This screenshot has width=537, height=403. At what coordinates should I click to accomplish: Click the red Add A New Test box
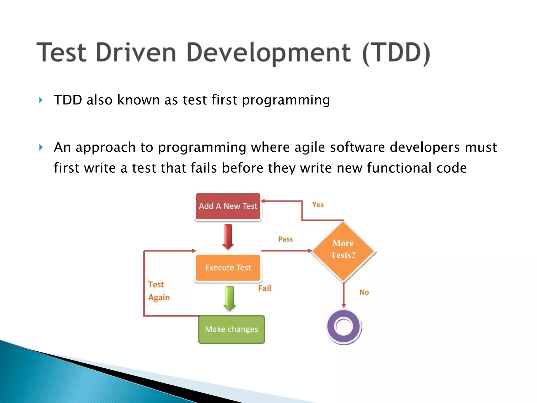point(228,206)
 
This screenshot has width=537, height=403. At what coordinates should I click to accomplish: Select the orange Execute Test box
point(228,268)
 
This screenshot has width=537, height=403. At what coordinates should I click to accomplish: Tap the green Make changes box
point(231,329)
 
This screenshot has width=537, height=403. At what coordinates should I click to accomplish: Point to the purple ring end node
point(344,327)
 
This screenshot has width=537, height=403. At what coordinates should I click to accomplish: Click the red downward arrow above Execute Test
point(228,236)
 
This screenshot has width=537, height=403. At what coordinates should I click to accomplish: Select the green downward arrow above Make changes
point(230,298)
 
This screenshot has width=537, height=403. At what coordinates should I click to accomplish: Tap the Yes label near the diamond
point(318,205)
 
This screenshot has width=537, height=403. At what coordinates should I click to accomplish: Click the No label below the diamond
point(364,292)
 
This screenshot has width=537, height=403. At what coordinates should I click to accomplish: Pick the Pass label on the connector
point(285,239)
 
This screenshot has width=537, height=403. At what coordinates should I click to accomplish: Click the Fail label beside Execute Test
point(265,288)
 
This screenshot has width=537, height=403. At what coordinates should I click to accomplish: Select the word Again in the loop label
point(159,297)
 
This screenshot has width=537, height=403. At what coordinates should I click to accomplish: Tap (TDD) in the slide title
point(396,53)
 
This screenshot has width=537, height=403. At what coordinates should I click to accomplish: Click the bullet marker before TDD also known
point(41,100)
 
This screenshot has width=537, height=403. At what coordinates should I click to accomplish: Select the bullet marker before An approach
point(41,147)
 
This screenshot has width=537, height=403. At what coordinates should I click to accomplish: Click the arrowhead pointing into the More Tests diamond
point(310,251)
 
